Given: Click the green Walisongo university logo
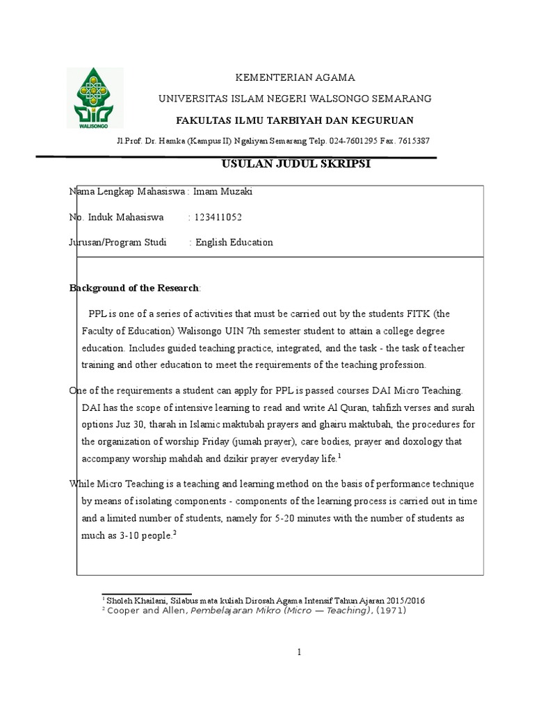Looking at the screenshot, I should [95, 98].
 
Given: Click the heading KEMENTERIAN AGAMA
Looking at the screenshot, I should [286, 77].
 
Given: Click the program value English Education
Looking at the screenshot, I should [234, 243].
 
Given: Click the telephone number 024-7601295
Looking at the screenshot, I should [358, 141].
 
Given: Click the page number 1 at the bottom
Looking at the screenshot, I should [299, 652].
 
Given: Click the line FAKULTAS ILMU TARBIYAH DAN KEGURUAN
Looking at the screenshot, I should [294, 119].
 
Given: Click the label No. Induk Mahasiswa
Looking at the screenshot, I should [116, 217].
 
